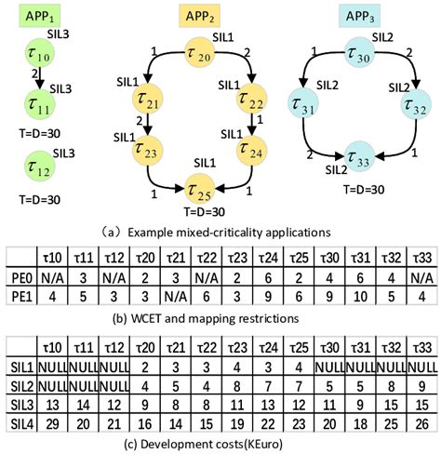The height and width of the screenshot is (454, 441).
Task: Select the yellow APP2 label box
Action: (x=207, y=16)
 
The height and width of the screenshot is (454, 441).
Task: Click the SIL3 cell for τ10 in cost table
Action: (x=57, y=405)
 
